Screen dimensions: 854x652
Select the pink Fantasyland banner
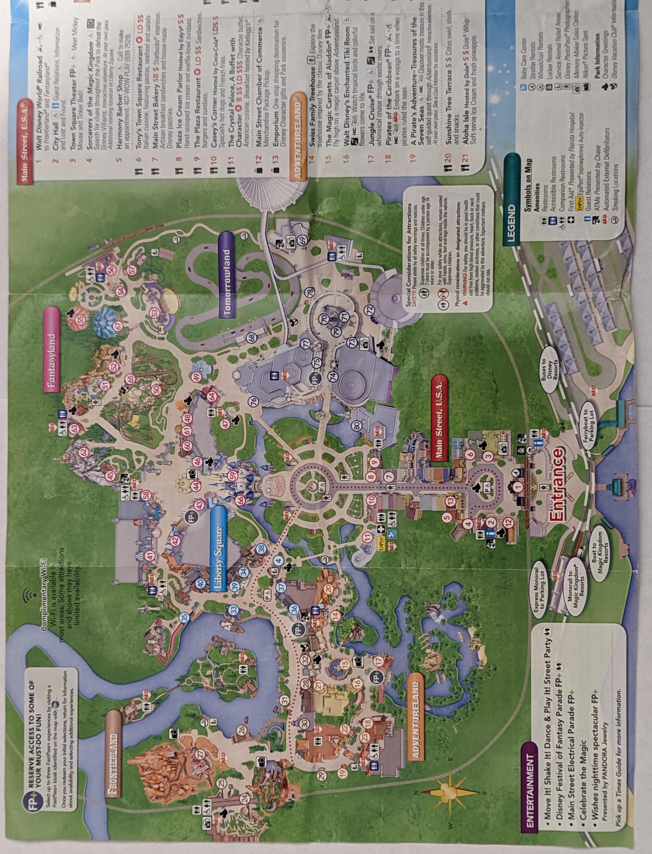(x=52, y=349)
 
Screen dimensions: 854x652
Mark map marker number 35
(x=184, y=616)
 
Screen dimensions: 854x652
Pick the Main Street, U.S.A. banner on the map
(x=439, y=417)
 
